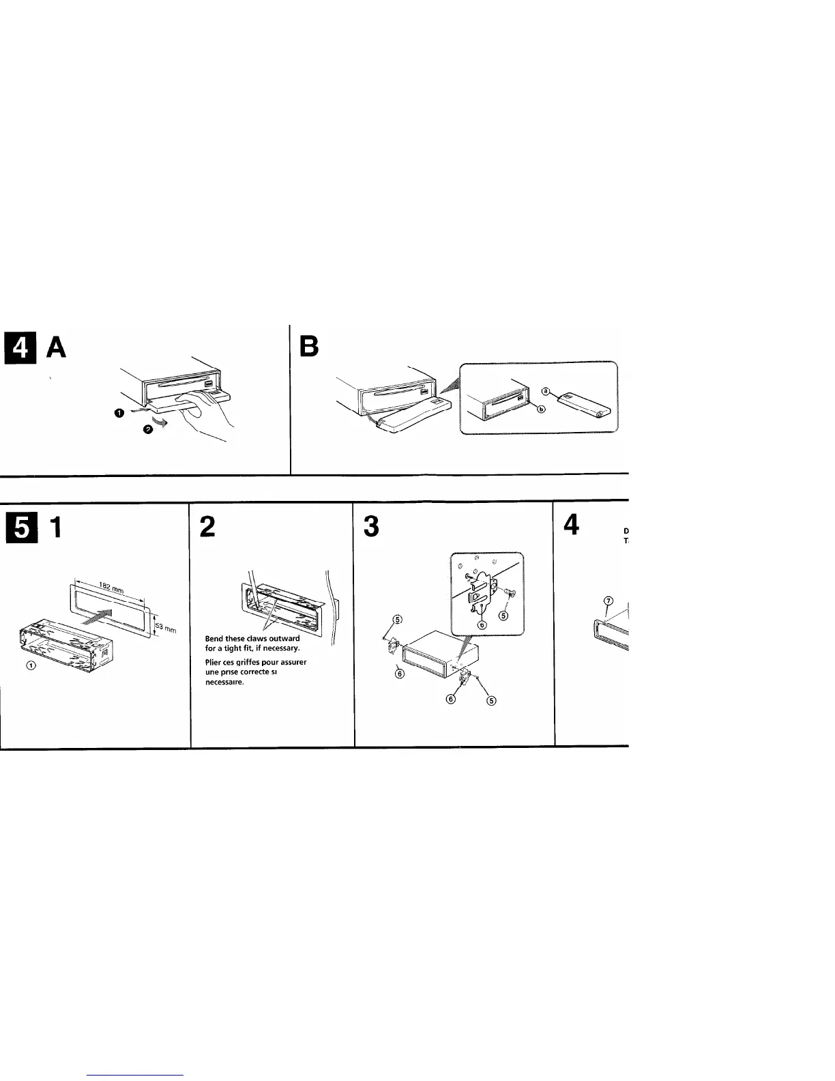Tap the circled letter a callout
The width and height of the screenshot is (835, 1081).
click(545, 392)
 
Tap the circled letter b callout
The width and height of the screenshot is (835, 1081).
click(542, 409)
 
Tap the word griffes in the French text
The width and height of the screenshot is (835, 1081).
click(247, 662)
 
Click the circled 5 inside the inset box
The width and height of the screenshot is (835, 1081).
click(503, 616)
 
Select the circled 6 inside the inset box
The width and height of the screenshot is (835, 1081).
click(482, 624)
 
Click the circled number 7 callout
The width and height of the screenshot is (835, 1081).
click(609, 600)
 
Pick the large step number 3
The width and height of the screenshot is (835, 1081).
click(372, 527)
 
